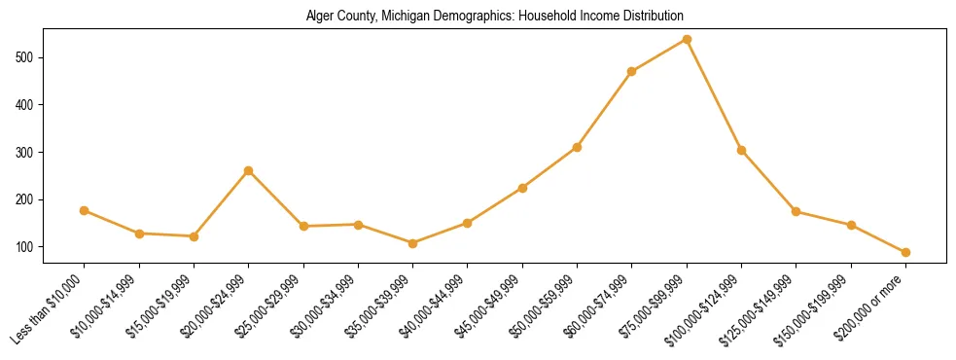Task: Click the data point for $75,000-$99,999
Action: pos(687,40)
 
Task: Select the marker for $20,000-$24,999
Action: pos(249,170)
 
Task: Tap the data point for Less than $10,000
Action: pos(85,210)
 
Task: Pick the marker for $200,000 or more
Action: pos(905,252)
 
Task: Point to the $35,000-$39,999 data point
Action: pos(413,243)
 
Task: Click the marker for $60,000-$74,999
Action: pos(632,71)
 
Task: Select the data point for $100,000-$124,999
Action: pos(741,150)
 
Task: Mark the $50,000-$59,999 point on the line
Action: pos(577,147)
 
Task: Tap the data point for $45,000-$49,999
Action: pos(522,188)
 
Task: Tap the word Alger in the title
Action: pos(320,17)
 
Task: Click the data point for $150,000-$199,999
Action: pos(851,225)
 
